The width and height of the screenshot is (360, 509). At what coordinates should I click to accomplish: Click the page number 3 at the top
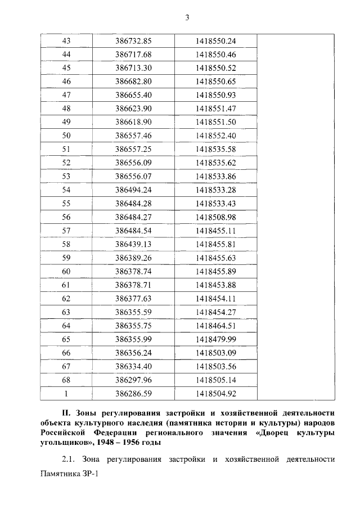[187, 17]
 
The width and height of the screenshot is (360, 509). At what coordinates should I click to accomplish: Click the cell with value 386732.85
[134, 41]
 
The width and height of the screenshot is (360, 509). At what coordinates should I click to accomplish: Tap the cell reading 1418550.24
[215, 41]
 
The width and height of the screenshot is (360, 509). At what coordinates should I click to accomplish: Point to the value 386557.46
[134, 136]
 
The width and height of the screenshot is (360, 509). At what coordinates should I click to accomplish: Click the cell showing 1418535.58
[215, 149]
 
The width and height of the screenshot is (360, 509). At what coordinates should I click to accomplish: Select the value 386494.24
[134, 190]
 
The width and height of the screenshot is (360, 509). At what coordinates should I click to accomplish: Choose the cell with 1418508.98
[215, 217]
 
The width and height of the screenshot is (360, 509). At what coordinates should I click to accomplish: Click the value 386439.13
[134, 244]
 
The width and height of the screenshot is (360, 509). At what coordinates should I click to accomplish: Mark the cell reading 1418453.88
[215, 285]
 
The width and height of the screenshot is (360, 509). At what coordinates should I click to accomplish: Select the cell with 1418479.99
[215, 339]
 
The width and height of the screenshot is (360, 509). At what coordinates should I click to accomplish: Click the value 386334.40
[134, 366]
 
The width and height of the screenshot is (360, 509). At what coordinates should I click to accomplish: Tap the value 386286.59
[134, 393]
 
